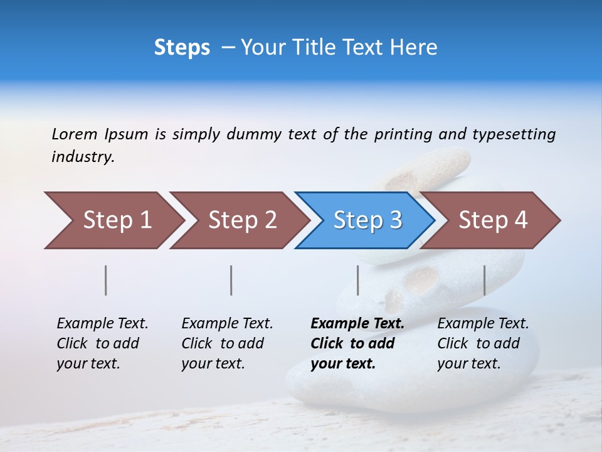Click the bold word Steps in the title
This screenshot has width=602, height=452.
pos(182,48)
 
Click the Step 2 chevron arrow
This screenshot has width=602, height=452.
pos(238,220)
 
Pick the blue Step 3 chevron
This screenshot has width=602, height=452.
pos(365,220)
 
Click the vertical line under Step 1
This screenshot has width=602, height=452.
pos(106,280)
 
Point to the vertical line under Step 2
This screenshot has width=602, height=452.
pos(231,280)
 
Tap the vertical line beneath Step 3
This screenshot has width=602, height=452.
pos(357,280)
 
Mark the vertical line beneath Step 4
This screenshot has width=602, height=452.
pos(484,280)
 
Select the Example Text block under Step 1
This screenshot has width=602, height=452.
pos(102,343)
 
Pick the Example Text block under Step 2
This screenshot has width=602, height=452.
pos(226,343)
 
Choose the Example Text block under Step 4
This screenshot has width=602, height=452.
pos(482,343)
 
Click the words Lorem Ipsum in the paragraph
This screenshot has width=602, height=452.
pos(99,134)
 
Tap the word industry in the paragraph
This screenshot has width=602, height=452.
pos(82,157)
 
